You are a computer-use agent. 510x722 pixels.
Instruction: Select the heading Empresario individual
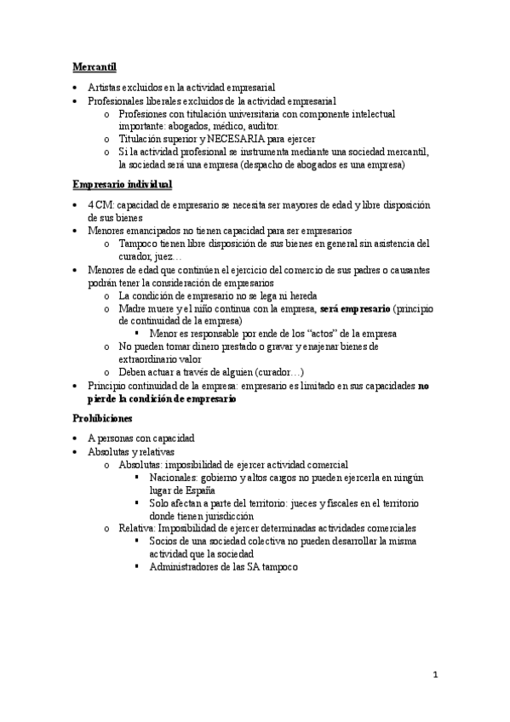tap(123, 184)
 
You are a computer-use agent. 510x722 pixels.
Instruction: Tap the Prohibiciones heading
tap(101, 417)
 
